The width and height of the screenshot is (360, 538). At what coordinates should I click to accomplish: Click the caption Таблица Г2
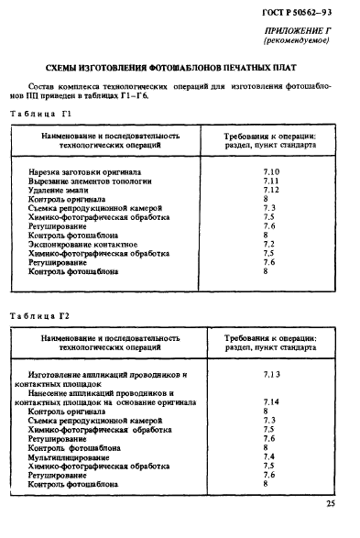[x=39, y=315]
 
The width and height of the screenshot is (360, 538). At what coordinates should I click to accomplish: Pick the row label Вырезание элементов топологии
[x=91, y=181]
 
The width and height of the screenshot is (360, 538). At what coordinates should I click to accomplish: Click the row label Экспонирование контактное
[x=82, y=243]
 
